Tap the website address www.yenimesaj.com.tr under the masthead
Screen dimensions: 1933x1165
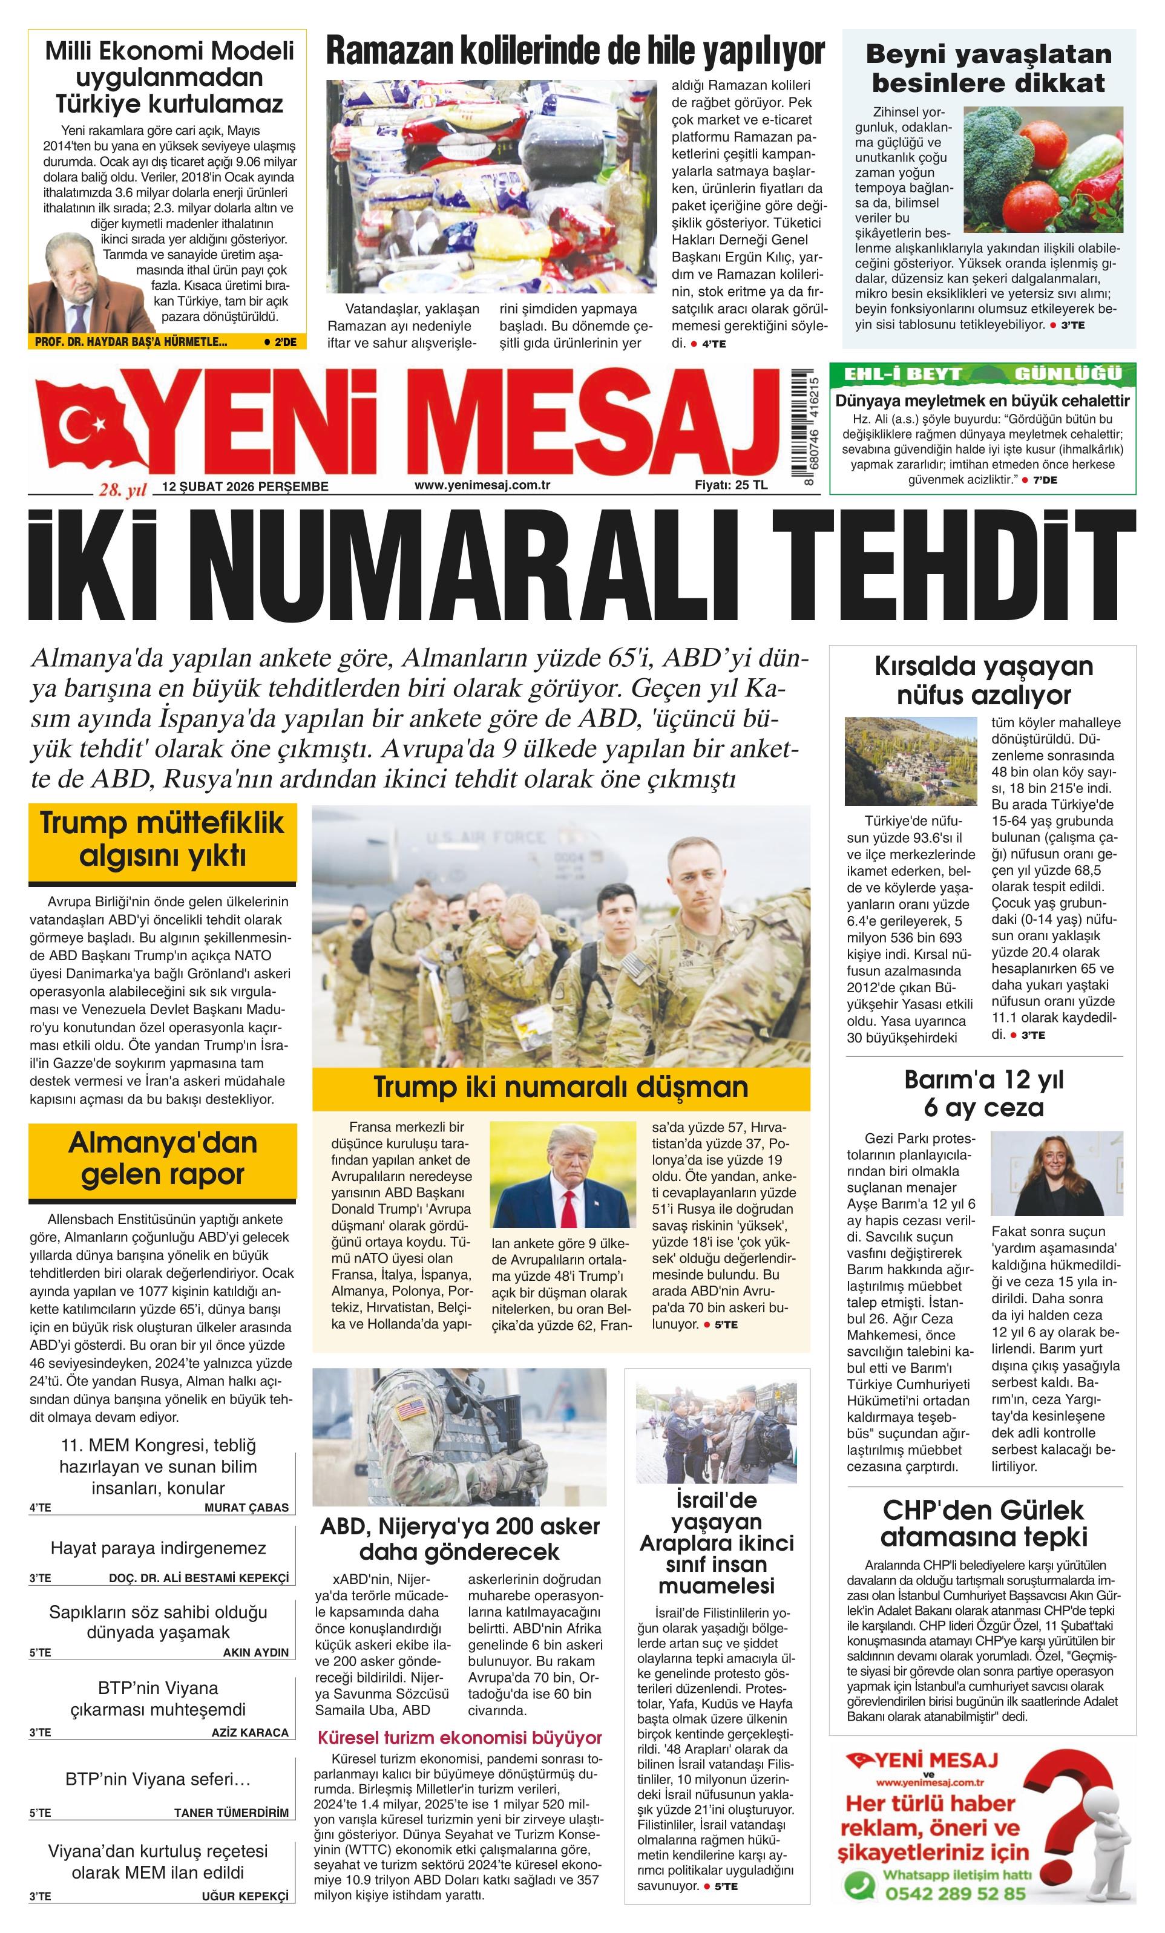[x=482, y=485]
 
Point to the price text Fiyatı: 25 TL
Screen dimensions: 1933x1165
[x=731, y=485]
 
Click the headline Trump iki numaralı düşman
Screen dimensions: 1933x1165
[x=560, y=1087]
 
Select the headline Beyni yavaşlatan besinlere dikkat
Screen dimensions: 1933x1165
[x=988, y=68]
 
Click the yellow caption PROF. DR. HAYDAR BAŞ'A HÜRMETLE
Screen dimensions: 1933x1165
[x=131, y=342]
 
